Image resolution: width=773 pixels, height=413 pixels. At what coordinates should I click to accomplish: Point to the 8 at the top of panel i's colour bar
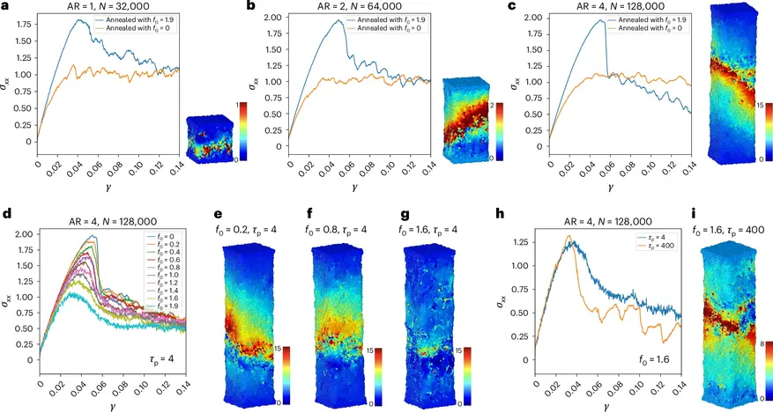(767, 334)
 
